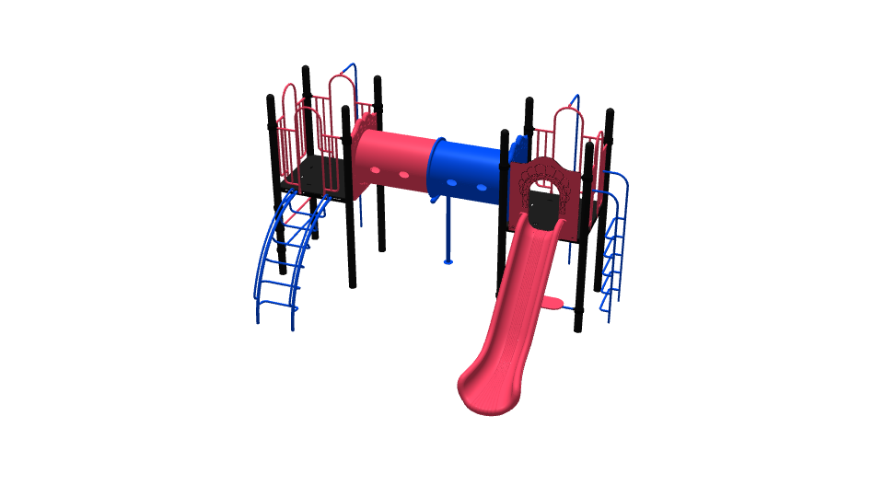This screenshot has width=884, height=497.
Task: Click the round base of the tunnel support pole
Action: pyautogui.click(x=448, y=261)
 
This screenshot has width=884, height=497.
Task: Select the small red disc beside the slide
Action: pyautogui.click(x=551, y=302)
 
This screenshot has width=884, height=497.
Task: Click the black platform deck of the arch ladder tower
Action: pyautogui.click(x=313, y=175)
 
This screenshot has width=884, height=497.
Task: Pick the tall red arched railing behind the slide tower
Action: pyautogui.click(x=569, y=129)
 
